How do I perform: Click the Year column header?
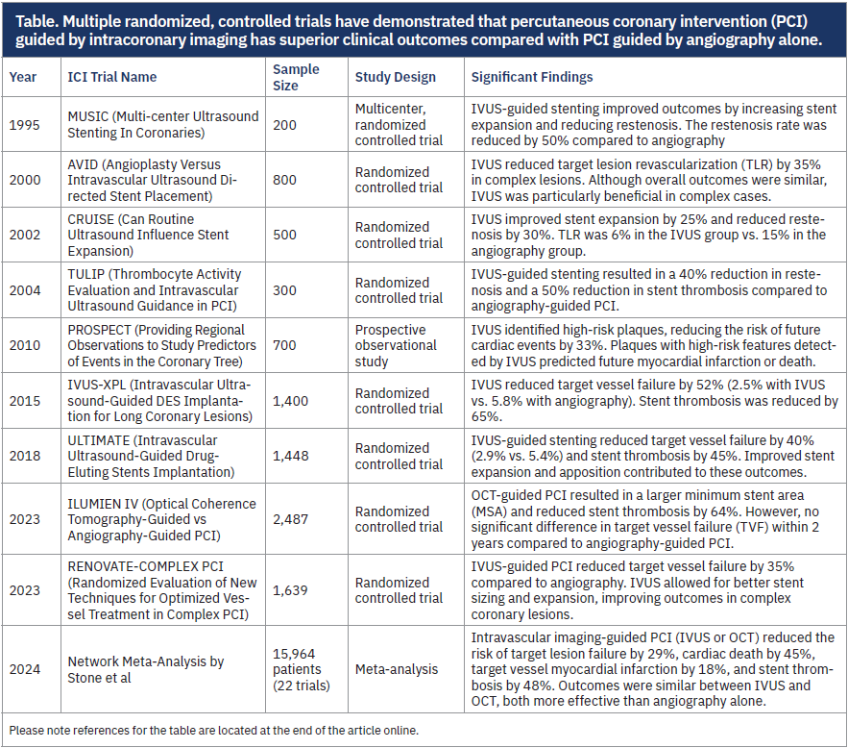(23, 77)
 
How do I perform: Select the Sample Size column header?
(295, 77)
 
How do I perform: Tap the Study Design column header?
(395, 77)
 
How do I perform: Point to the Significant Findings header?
(531, 77)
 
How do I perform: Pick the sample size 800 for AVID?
(285, 181)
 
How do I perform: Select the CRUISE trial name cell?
(149, 236)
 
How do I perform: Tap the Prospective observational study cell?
(396, 346)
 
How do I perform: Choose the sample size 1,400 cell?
(291, 401)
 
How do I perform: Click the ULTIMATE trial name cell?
(149, 457)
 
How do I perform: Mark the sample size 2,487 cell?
(291, 519)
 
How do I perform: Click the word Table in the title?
(32, 18)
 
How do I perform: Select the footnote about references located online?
(217, 729)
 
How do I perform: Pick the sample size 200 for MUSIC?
(285, 125)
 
